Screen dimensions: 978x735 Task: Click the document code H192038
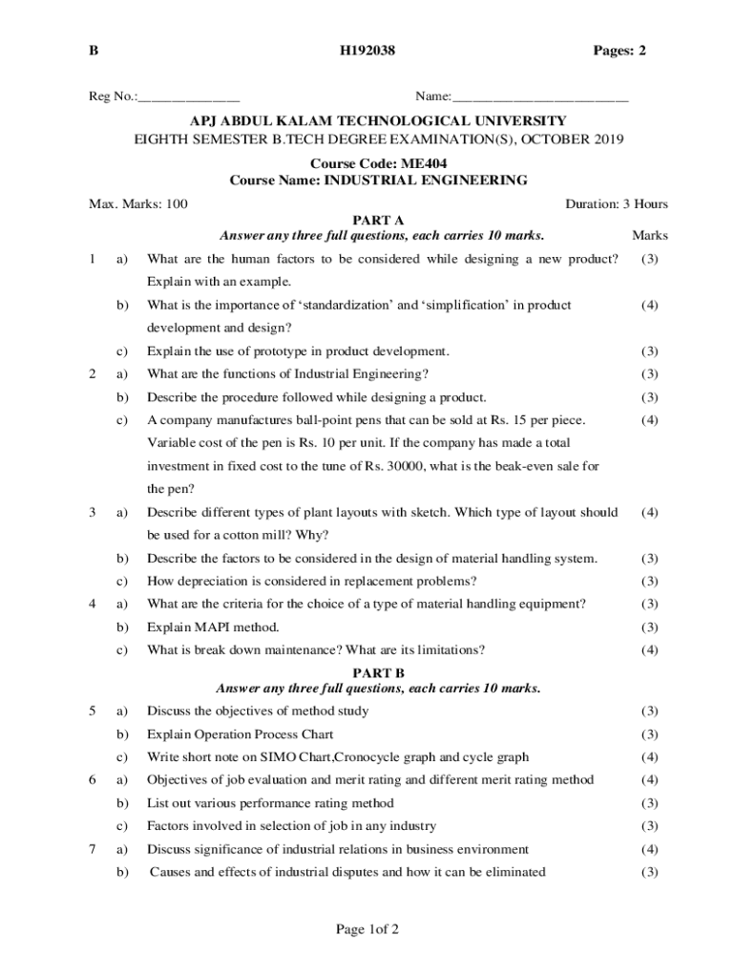pos(367,51)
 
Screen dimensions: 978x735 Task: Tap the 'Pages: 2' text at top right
pos(612,51)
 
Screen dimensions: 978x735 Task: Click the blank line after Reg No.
pos(189,98)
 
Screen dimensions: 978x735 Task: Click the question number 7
pos(92,849)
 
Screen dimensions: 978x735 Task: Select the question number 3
pos(92,513)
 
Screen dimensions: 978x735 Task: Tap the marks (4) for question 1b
pos(649,306)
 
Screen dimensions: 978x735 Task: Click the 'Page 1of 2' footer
pos(367,929)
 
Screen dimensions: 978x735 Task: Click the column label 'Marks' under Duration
pos(649,236)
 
